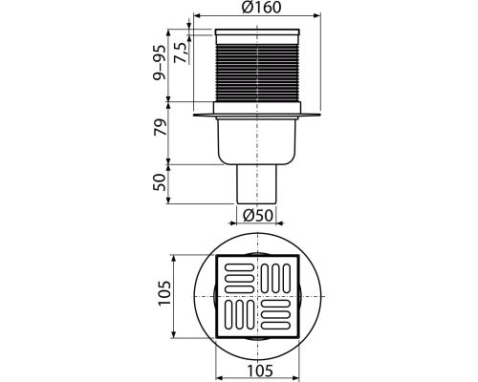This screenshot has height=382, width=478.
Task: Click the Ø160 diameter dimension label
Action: [x=261, y=8]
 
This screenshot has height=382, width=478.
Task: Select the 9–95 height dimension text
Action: [x=160, y=62]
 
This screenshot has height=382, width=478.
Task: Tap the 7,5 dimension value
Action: [x=181, y=53]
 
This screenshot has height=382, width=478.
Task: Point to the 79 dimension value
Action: [x=160, y=127]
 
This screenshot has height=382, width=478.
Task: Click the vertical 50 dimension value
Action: [x=160, y=182]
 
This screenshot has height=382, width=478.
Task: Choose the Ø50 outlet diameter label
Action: [x=258, y=216]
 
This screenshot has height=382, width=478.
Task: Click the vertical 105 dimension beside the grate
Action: [x=165, y=293]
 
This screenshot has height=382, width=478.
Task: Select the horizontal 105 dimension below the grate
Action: [x=260, y=371]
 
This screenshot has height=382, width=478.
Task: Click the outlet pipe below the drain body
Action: [x=257, y=184]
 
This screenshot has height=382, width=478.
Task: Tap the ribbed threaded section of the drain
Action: [x=257, y=73]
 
